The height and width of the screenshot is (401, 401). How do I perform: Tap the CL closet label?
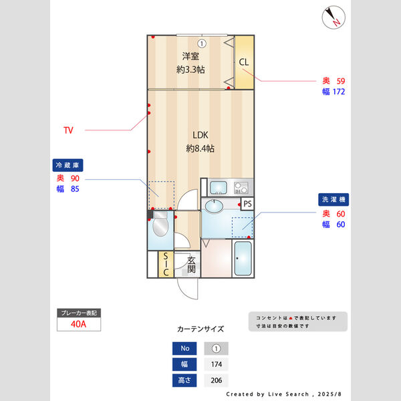click(x=243, y=62)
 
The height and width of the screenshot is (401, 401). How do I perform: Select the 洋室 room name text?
click(x=190, y=56)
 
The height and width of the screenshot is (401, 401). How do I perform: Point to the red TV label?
click(x=68, y=130)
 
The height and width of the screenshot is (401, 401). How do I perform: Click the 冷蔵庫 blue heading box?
click(x=68, y=164)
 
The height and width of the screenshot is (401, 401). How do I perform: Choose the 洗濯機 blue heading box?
click(x=333, y=199)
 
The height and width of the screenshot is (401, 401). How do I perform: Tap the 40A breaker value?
click(x=79, y=324)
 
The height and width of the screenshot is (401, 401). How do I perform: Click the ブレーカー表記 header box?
click(x=79, y=312)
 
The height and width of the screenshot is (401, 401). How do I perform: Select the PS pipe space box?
click(x=247, y=204)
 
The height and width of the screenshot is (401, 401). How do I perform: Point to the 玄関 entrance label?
click(x=191, y=265)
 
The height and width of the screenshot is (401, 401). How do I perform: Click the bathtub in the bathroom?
click(x=243, y=259)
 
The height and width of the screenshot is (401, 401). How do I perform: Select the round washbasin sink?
click(x=215, y=205)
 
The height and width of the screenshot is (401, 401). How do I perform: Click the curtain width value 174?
click(x=216, y=364)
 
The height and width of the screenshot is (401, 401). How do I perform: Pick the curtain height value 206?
click(x=216, y=380)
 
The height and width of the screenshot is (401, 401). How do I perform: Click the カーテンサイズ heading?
click(x=200, y=329)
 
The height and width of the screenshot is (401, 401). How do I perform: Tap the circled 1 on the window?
click(x=201, y=43)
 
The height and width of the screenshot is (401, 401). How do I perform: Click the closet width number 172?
click(x=338, y=92)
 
